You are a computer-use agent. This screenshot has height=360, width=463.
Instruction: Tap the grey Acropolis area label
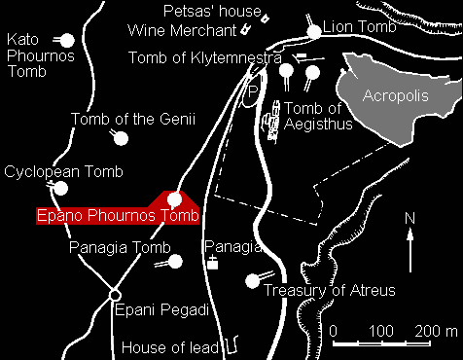[x=394, y=95]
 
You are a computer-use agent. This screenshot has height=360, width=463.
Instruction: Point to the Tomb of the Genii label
[x=133, y=119]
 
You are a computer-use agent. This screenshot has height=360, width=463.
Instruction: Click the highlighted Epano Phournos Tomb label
[x=116, y=215]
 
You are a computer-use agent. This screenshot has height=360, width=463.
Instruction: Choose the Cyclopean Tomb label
[x=64, y=172]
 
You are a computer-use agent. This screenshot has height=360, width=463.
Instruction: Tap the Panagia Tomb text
[x=113, y=248]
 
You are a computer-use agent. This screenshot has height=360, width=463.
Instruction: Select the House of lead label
[x=168, y=346]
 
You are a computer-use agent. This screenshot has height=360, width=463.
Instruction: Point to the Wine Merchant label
[x=182, y=30]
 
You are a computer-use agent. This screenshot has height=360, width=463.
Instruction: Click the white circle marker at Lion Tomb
[x=314, y=31]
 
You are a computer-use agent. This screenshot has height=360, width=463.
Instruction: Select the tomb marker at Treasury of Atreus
[x=254, y=280]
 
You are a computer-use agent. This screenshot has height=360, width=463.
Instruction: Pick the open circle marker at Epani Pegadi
[x=114, y=294]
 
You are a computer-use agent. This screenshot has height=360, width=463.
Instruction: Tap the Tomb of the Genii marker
[x=122, y=138]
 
